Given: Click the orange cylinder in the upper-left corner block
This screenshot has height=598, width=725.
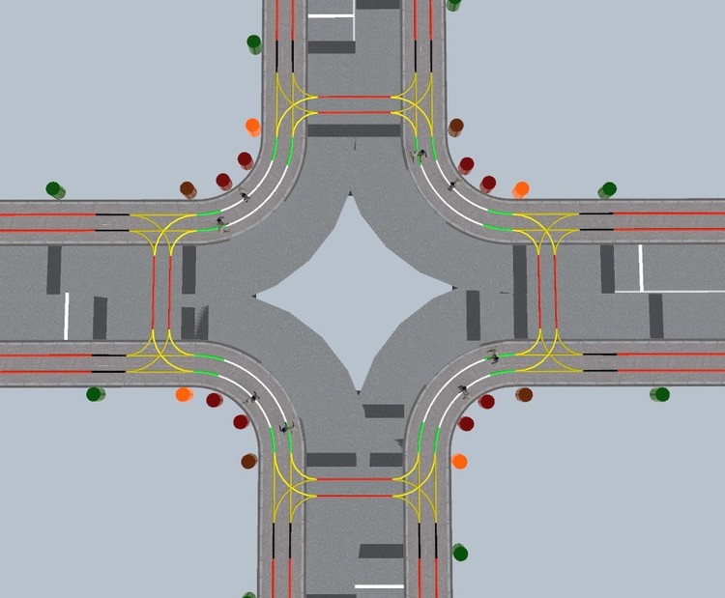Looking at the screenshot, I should pos(252,126).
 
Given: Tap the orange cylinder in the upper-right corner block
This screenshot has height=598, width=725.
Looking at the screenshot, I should pos(521,188).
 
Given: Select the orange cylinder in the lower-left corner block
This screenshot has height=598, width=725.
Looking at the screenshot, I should pos(184,394).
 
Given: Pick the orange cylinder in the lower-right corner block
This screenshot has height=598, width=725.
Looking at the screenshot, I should pos(459,461).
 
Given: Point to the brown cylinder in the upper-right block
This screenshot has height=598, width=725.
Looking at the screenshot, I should pos(455,127).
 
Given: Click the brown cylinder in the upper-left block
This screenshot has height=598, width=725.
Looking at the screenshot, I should pos(188,189).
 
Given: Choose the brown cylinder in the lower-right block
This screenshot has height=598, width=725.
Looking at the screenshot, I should pos(524,394).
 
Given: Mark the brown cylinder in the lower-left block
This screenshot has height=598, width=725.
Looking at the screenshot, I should pos(248,461).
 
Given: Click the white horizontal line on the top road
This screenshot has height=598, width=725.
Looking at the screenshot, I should pos(331,15).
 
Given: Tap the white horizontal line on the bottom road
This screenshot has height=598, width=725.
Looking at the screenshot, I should pos(379,585).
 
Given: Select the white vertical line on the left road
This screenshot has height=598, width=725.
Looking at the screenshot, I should pos(67,316).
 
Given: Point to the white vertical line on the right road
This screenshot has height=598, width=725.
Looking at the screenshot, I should pos(640,268).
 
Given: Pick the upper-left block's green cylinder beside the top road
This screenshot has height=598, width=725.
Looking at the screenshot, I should pos(254,43).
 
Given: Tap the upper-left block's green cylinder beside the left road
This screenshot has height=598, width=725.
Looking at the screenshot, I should pos(55,189).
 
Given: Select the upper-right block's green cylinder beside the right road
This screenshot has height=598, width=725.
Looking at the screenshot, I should pos(607,189).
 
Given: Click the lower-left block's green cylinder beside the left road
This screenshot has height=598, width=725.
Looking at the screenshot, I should pos(95,393).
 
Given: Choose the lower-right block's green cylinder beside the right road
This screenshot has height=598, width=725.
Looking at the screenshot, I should pos(660,394).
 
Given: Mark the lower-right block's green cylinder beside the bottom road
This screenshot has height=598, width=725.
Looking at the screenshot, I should pos(460,553).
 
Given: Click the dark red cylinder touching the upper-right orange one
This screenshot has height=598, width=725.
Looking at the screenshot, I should pos(488,184).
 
